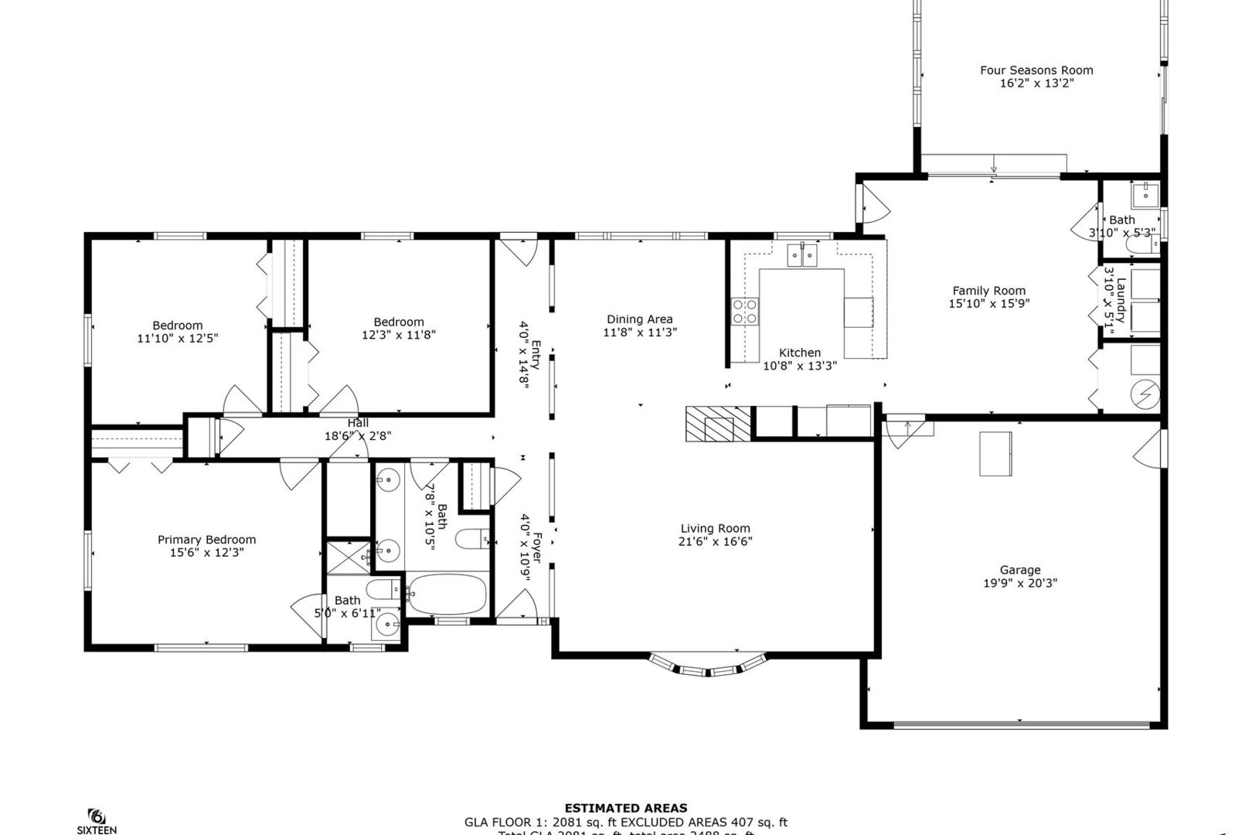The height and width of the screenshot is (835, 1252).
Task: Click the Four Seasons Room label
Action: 1036,70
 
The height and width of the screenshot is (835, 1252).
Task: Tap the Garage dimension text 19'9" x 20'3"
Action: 1020,583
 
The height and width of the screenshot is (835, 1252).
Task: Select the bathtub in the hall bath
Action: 447,595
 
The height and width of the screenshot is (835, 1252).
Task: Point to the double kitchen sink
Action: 802,254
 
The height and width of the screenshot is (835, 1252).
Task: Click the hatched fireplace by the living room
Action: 717,424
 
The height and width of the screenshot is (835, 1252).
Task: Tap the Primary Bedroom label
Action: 206,540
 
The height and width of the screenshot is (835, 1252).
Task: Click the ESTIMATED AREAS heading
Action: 625,809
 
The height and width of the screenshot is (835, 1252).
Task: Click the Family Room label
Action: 988,291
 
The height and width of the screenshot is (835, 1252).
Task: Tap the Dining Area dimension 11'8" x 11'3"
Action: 640,332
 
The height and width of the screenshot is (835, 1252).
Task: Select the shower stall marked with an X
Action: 349,557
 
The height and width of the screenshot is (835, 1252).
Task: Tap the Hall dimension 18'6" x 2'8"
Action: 358,436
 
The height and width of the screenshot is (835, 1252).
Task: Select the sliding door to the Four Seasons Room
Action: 994,165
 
